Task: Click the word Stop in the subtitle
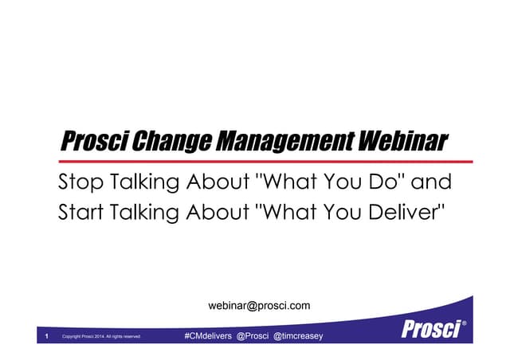pos(79,183)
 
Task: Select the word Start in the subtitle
pos(80,213)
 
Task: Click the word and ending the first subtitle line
pos(434,183)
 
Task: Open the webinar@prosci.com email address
pos(259,305)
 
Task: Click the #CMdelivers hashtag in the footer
pos(207,337)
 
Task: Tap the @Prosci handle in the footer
pos(253,337)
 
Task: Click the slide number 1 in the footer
pos(47,337)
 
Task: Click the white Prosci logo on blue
pos(429,328)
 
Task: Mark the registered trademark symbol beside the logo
pos(464,323)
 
